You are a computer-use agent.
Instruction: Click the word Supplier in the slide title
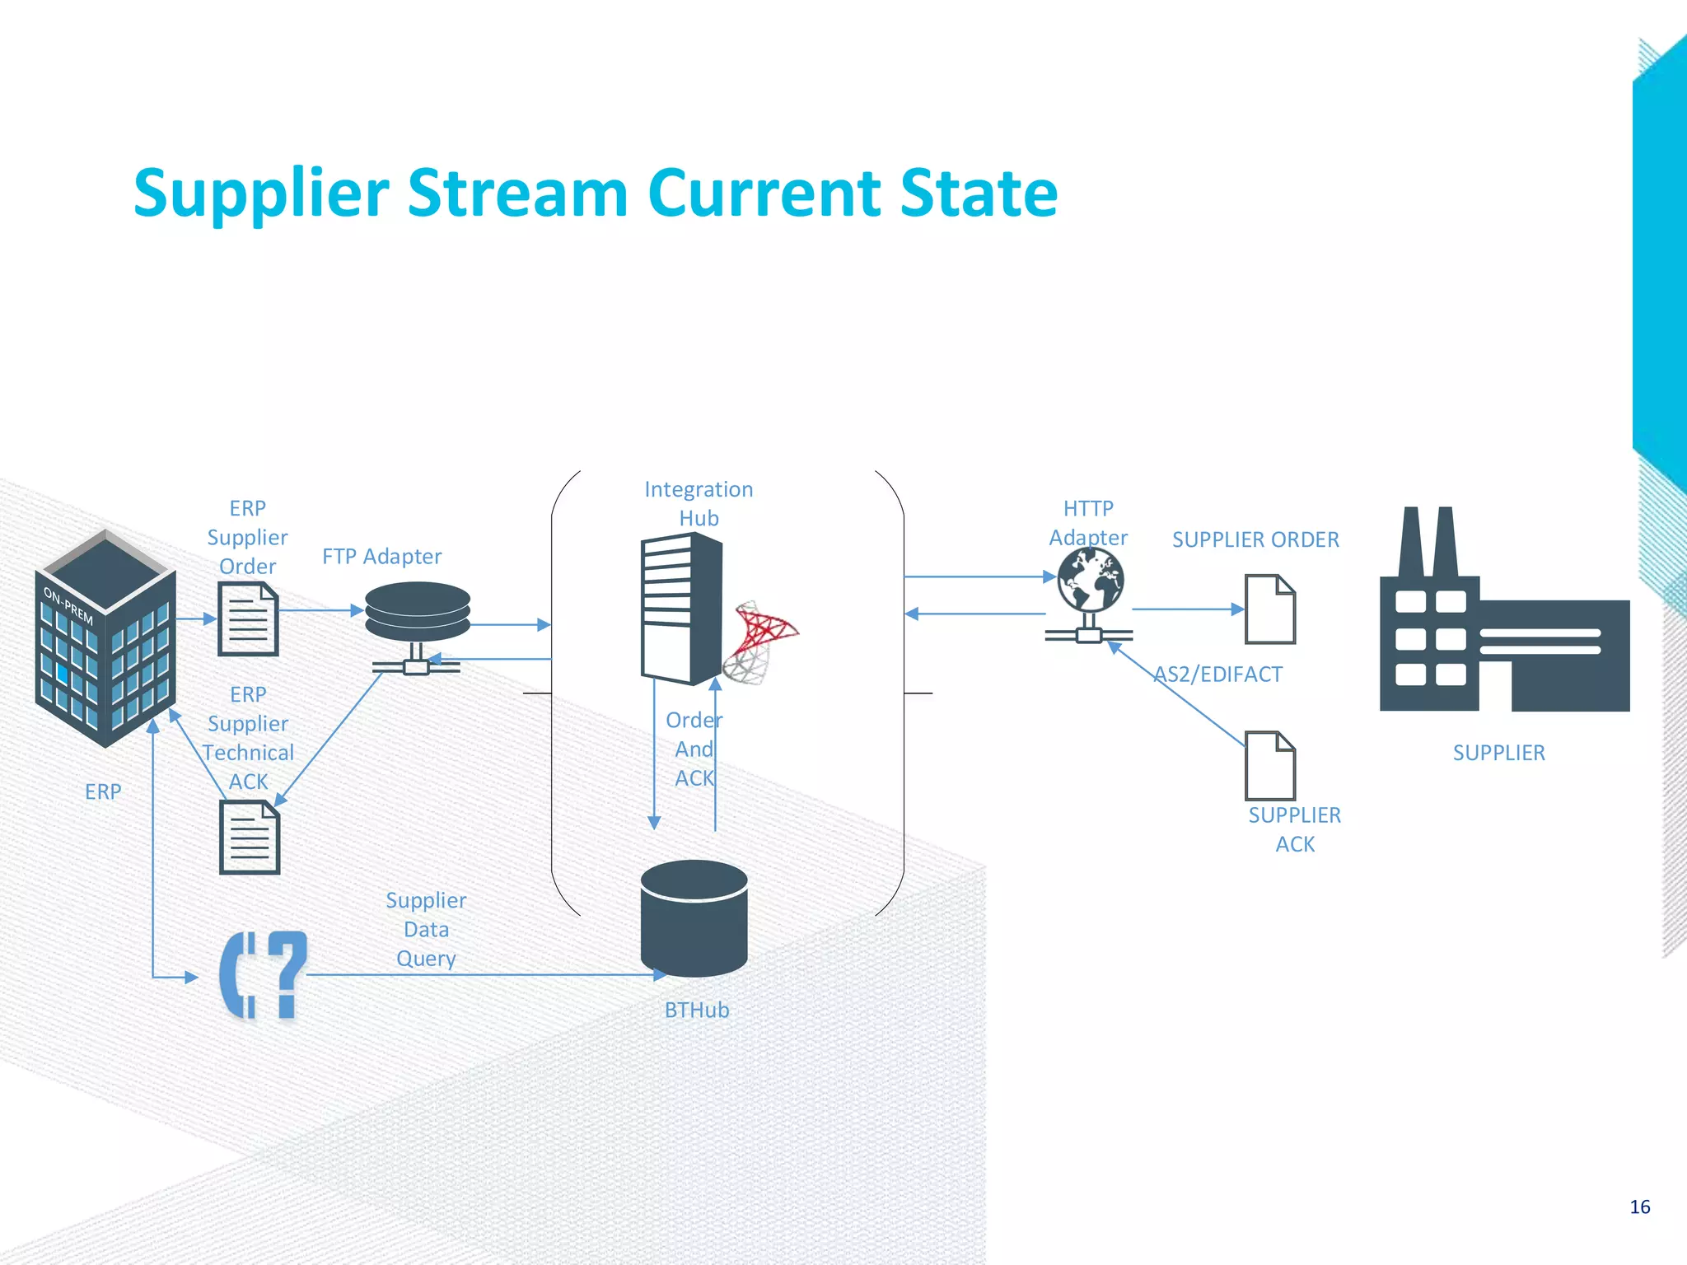tap(260, 194)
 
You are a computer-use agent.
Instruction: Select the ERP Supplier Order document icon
tap(248, 619)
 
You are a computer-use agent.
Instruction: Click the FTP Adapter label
tap(381, 557)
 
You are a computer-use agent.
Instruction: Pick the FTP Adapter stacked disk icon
tap(418, 612)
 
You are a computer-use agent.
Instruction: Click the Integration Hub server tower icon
tap(681, 609)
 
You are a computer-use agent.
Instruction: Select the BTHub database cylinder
tap(694, 917)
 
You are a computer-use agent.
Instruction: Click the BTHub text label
tap(697, 1011)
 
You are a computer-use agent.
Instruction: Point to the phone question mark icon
tap(263, 976)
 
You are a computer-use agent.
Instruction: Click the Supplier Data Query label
tap(426, 930)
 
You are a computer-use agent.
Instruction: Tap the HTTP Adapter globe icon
tap(1091, 581)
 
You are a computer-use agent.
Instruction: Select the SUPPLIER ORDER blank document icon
tap(1269, 609)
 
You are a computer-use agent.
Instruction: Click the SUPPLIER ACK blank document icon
tap(1269, 766)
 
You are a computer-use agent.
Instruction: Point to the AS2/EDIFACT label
tap(1217, 675)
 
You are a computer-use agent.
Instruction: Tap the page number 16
tap(1639, 1207)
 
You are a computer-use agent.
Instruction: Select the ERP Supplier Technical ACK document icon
tap(250, 838)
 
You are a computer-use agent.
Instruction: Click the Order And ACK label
tap(694, 749)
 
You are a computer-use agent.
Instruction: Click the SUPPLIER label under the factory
tap(1498, 753)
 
